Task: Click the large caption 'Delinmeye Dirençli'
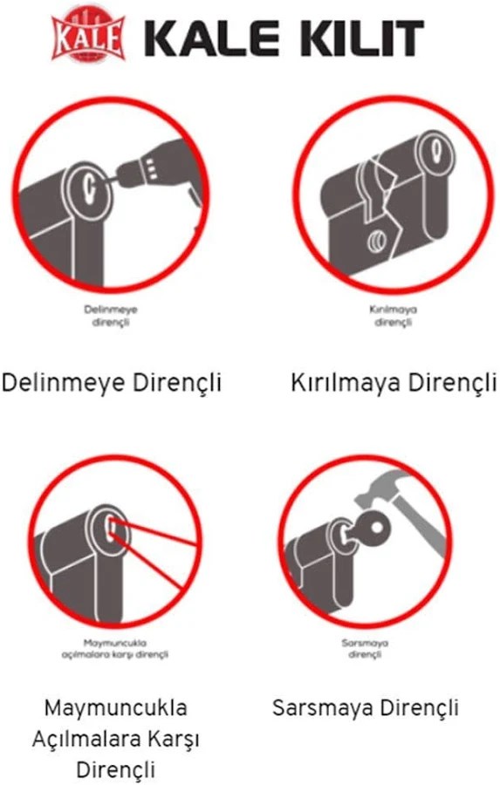tap(112, 383)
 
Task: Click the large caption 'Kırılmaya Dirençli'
tap(393, 383)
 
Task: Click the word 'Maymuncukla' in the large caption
tap(116, 706)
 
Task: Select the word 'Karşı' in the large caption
tap(176, 739)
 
